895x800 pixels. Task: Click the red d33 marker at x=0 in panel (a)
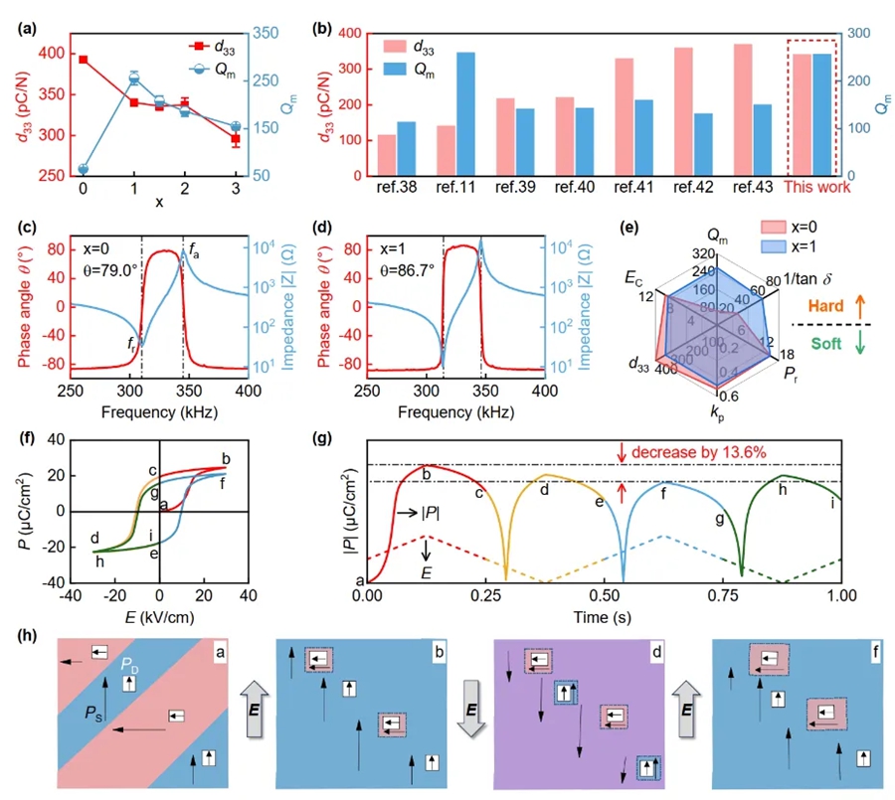pos(84,60)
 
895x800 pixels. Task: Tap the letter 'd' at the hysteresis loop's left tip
pos(93,538)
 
